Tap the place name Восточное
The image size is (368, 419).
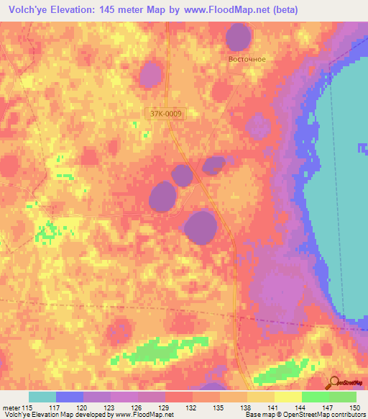tap(247, 59)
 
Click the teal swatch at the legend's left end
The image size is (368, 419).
tap(42, 397)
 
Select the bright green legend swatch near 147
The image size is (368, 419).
tap(315, 397)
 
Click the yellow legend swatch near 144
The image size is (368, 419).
tap(287, 397)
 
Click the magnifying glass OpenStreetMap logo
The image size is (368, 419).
tap(335, 383)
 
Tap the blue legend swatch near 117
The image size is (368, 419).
tap(69, 397)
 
